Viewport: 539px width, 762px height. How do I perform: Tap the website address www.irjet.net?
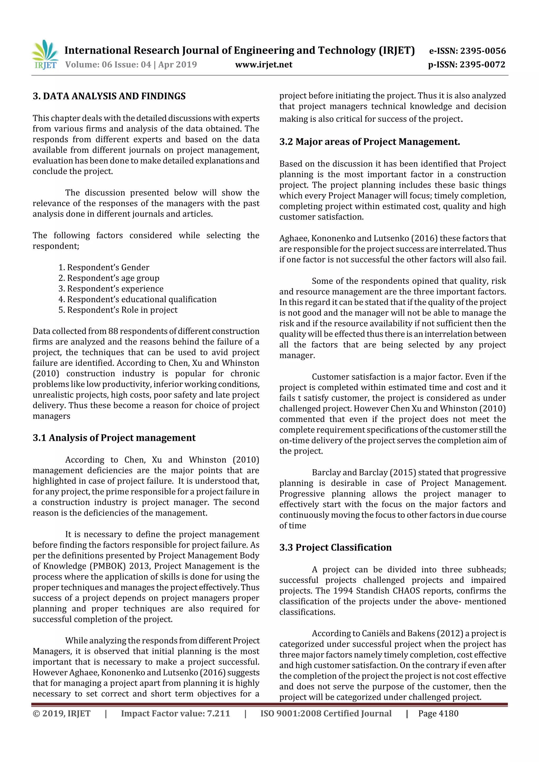pos(264,64)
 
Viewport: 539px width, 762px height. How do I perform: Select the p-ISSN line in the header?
pos(467,64)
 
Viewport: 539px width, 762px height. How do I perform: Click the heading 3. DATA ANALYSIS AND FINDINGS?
pos(109,96)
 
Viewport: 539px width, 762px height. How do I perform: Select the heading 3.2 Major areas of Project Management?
pos(369,142)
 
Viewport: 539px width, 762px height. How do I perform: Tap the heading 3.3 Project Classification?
pos(335,547)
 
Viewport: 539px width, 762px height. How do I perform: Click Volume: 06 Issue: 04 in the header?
pos(108,64)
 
